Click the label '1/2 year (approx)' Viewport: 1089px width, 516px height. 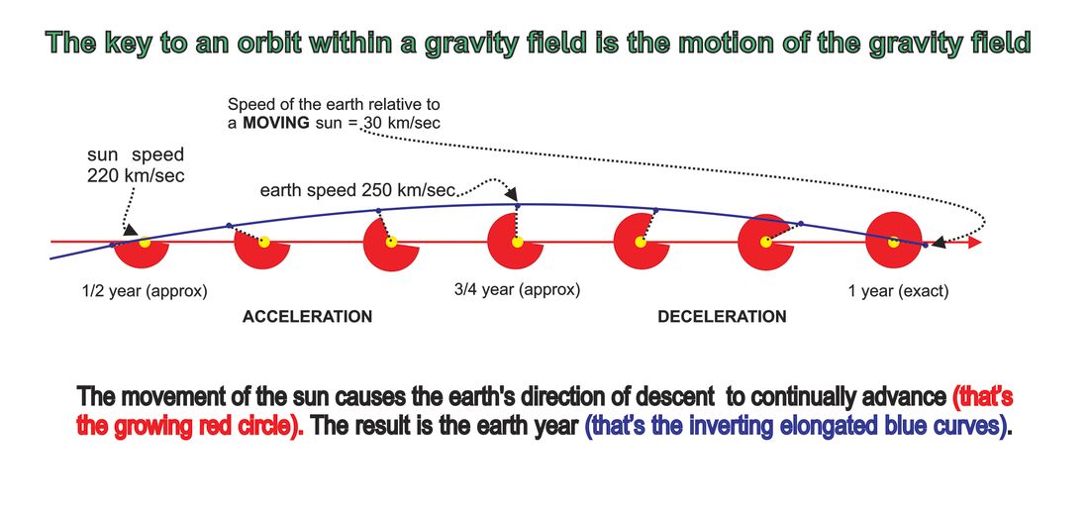145,292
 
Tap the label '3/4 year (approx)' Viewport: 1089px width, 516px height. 517,289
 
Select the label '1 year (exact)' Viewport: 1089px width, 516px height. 898,292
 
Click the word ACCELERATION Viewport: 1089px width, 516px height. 307,317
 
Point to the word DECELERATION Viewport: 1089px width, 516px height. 722,317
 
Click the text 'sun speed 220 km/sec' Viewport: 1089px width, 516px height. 137,165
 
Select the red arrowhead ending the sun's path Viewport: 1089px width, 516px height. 974,243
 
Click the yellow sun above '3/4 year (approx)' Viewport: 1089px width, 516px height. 517,243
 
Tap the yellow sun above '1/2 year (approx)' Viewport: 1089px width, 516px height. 145,243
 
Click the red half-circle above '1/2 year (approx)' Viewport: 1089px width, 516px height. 141,255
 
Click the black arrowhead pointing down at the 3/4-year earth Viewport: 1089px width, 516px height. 512,196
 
